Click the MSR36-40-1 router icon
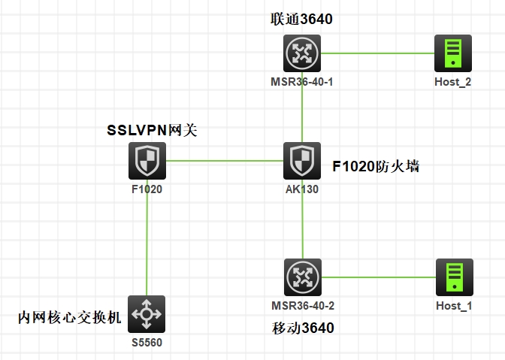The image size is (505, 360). pos(302,53)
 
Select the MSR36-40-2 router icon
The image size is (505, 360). pos(303,277)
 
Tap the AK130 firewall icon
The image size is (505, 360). pos(302,161)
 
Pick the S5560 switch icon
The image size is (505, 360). pos(146,314)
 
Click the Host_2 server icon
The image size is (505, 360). pos(453,53)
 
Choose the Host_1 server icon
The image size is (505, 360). pos(454,277)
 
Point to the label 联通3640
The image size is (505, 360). pos(301,19)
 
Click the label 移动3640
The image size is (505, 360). pos(302,328)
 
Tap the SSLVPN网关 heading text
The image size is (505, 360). pos(152,131)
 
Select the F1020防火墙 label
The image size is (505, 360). pos(376,166)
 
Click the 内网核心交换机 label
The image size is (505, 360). pos(69,318)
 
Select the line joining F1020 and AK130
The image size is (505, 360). pos(225,161)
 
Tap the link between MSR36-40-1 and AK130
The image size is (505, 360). pos(302,113)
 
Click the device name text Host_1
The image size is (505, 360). pos(454,305)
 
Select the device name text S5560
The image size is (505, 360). pos(147,342)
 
